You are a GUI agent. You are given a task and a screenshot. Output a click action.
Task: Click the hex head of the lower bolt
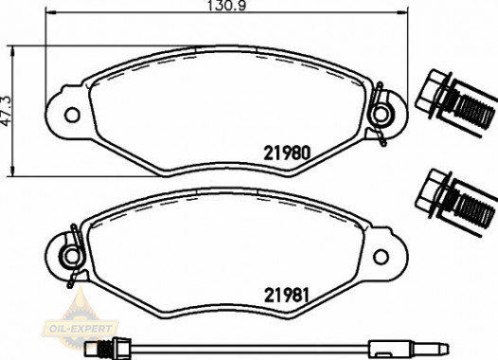(434, 187)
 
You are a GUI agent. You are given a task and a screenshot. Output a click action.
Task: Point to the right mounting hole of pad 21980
(382, 115)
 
